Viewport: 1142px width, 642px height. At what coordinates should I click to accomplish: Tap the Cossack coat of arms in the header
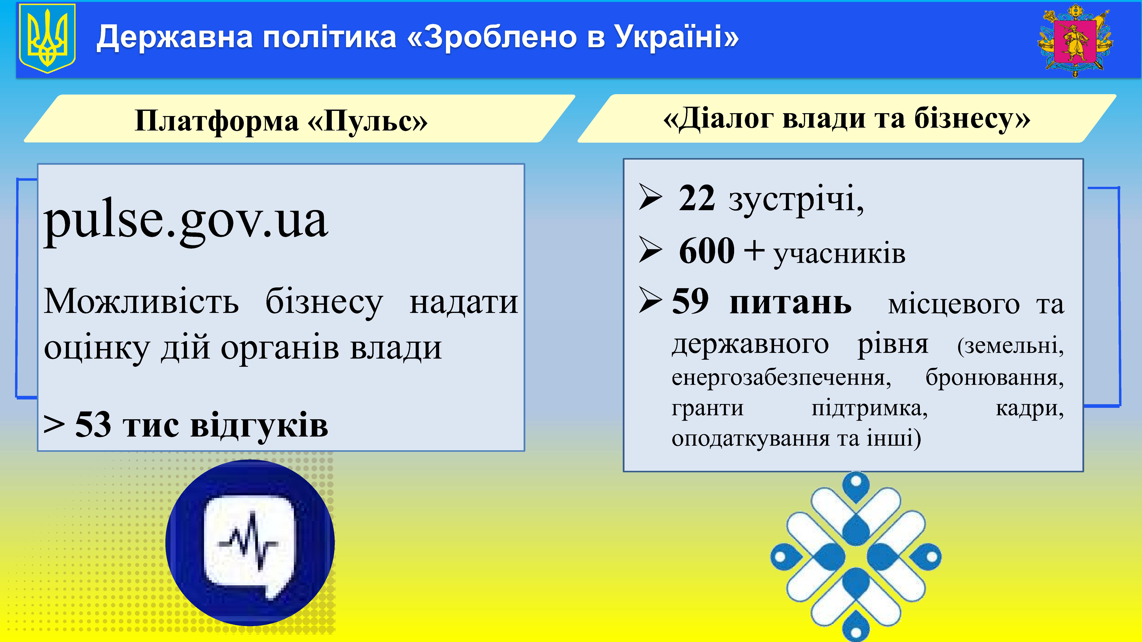[x=1075, y=41]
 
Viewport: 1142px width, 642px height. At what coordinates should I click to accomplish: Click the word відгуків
[x=259, y=424]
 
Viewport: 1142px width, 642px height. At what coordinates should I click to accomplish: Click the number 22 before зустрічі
[x=697, y=198]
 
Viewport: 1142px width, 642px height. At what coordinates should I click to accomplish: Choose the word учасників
[x=839, y=254]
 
